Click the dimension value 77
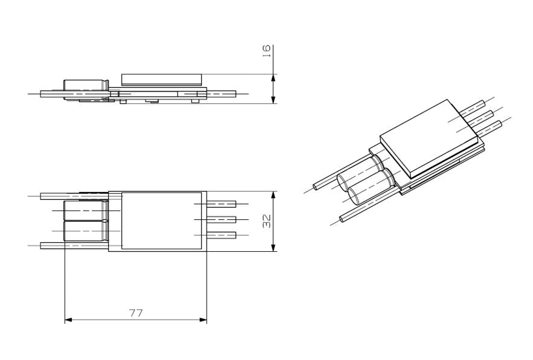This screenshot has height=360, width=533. tap(136, 313)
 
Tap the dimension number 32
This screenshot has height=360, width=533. tap(267, 221)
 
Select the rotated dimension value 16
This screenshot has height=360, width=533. tap(267, 51)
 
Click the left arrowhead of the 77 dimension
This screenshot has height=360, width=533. tap(68, 320)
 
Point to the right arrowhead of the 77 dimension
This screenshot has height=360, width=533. tap(203, 320)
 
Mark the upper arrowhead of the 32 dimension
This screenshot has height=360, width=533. tap(273, 195)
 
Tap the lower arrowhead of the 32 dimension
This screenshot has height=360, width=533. tap(273, 248)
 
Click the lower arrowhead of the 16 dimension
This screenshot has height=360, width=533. tap(273, 100)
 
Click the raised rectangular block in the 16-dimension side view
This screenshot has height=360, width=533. tap(162, 80)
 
